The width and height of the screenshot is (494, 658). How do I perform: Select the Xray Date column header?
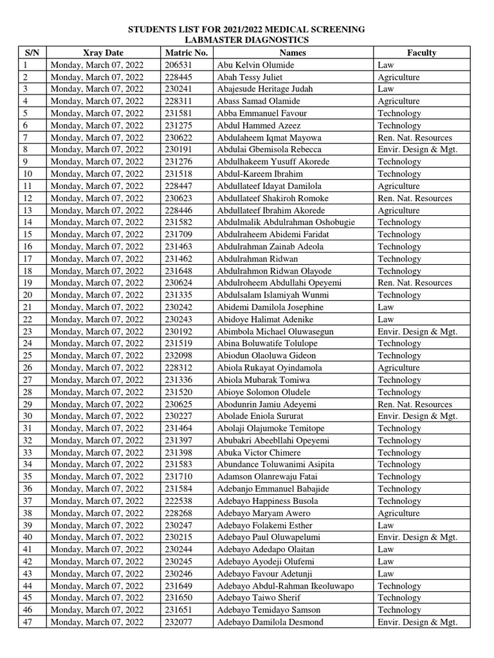coord(103,53)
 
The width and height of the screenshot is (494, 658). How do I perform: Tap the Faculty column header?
coord(421,53)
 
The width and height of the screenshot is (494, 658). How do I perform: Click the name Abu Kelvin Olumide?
coord(255,65)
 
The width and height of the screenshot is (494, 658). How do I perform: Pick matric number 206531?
coord(179,65)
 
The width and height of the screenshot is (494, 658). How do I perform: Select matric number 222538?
coord(179,501)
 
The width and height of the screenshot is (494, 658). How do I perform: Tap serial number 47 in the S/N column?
coord(27,622)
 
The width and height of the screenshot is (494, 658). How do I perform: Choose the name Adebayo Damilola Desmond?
coord(270,622)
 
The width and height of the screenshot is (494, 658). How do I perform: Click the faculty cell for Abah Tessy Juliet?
coord(398,77)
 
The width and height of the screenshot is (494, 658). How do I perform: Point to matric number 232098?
coord(179,356)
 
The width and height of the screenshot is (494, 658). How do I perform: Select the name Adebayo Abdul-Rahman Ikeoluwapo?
coord(285,586)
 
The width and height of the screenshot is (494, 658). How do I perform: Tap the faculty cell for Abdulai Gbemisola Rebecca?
coord(417,150)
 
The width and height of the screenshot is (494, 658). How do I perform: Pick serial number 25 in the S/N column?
coord(27,356)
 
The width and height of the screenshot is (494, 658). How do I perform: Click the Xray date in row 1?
coord(96,65)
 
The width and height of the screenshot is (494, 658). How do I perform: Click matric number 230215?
coord(179,537)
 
